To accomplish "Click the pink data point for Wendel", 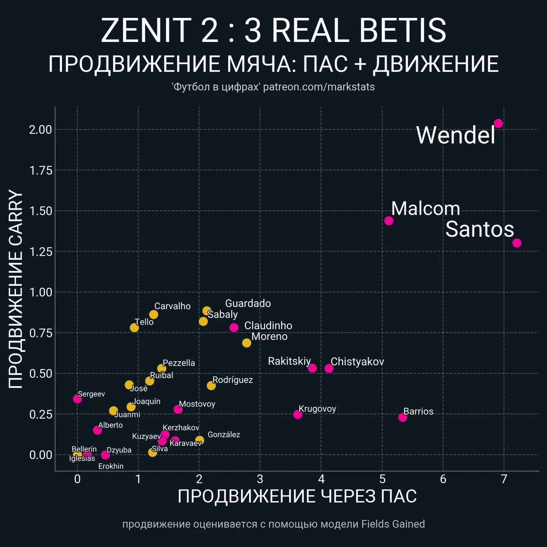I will tap(498, 123).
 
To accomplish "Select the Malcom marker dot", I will tap(389, 221).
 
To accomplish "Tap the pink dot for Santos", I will tap(517, 243).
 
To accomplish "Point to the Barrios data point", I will tap(402, 417).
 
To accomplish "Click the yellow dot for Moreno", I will tap(247, 343).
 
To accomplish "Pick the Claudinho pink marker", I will tap(234, 327).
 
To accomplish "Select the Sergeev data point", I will tap(77, 399).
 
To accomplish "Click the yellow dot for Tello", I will tap(134, 328).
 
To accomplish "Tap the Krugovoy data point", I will tap(297, 414).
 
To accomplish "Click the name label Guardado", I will tap(248, 303).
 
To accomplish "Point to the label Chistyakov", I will tap(357, 362).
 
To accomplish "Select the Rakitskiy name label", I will tap(289, 361).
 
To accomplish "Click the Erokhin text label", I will tap(111, 466).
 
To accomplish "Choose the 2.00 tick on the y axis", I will tap(40, 130).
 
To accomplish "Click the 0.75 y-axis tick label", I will tap(40, 333).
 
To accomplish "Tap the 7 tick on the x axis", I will tap(504, 479).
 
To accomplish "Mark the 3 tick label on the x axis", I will tap(260, 479).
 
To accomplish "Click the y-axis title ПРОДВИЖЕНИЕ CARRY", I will tap(16, 289).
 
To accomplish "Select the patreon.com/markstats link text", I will tap(319, 87).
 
